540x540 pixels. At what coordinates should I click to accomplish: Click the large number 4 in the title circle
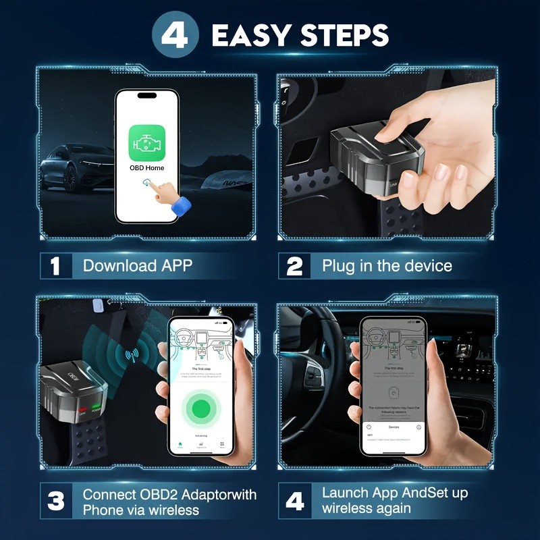coord(175,35)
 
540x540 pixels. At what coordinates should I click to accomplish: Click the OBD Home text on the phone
coord(146,167)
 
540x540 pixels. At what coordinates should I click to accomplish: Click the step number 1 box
coord(56,265)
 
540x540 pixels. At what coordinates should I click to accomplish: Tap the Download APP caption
coord(137,265)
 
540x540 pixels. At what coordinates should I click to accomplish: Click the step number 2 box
coord(294,265)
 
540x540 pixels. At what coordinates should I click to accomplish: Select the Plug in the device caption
coord(387,265)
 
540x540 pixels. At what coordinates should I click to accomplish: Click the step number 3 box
coord(56,501)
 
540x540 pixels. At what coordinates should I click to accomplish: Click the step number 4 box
coord(294,501)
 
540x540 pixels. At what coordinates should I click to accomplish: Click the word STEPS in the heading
coord(344,35)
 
